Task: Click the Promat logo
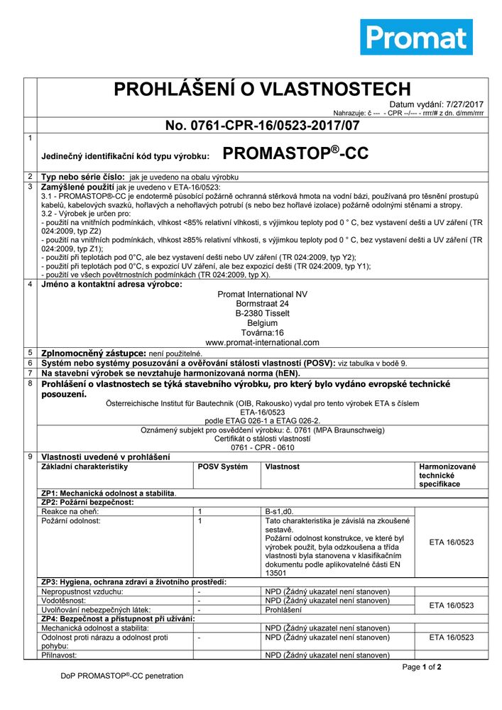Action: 416,37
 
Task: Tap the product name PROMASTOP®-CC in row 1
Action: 295,153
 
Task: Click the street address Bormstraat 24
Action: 263,303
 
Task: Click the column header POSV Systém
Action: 223,466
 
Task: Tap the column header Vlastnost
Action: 283,466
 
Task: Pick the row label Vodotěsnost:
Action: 65,600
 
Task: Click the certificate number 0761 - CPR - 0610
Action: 263,448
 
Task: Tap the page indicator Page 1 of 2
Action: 422,667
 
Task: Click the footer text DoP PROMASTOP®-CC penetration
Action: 121,676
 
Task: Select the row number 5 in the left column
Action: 30,352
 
